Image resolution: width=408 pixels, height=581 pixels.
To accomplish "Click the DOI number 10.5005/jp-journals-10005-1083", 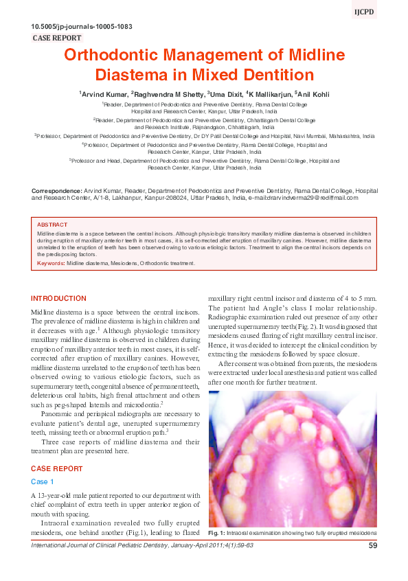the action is click(x=82, y=27).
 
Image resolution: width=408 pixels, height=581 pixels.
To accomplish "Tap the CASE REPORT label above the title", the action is click(x=57, y=38).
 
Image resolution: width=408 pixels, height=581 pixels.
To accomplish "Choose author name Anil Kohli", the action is click(x=315, y=93).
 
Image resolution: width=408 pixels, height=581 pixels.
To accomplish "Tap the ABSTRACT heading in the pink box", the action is click(x=52, y=225).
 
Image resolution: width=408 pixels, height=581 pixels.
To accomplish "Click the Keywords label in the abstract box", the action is click(x=51, y=263).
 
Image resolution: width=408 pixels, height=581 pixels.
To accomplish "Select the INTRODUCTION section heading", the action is click(x=59, y=299).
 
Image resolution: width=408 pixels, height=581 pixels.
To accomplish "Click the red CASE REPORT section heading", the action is click(x=57, y=468).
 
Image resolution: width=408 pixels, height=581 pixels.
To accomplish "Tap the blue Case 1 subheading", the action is click(x=43, y=482).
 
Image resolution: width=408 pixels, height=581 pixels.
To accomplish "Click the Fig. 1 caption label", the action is click(x=218, y=533).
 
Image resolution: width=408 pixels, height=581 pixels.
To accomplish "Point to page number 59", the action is click(x=373, y=546).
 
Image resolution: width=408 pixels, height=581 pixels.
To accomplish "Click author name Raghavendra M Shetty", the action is click(x=166, y=93).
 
